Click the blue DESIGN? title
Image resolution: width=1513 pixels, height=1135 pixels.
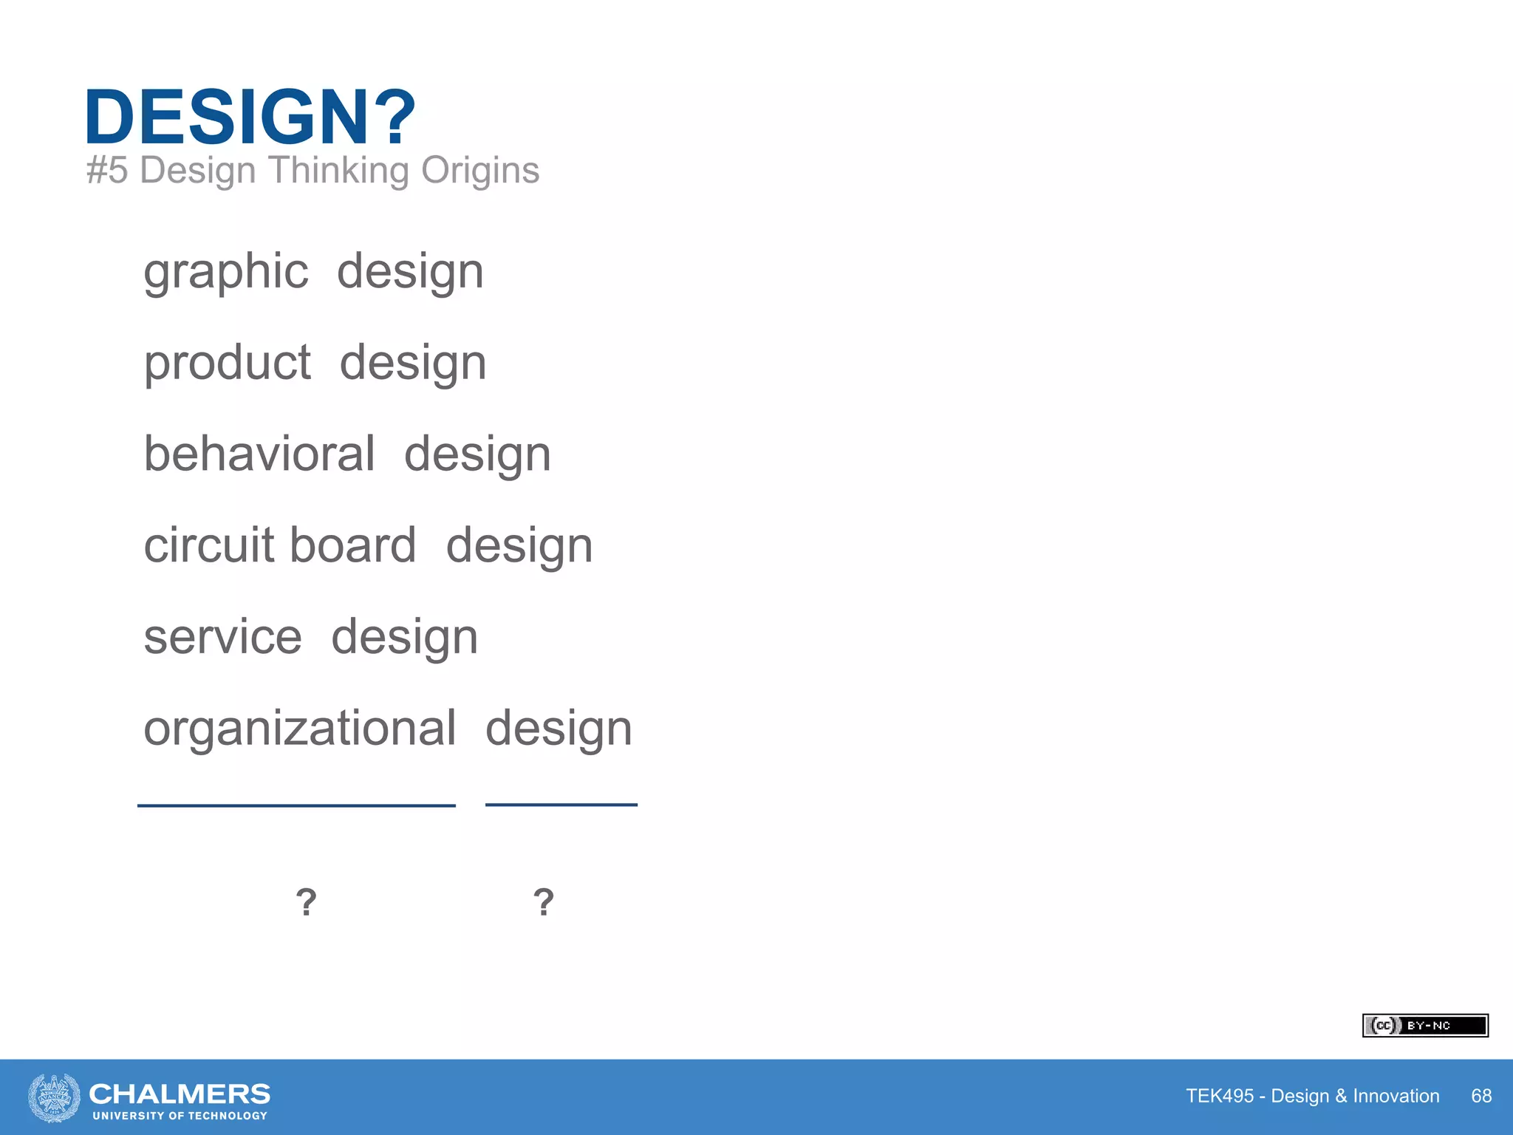click(250, 117)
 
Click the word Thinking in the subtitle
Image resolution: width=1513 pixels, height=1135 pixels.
click(338, 170)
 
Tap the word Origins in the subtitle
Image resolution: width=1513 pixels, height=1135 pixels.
click(480, 170)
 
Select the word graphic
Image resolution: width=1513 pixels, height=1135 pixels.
click(226, 272)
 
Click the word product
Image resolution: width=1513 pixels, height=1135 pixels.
click(228, 363)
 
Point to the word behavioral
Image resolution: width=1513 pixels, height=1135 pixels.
click(259, 454)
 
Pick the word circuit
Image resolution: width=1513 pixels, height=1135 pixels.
click(209, 545)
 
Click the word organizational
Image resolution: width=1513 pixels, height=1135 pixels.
click(300, 728)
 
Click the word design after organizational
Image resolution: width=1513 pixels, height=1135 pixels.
click(559, 729)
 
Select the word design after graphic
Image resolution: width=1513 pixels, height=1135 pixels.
click(410, 272)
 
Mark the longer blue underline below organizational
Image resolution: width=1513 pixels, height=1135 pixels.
click(296, 805)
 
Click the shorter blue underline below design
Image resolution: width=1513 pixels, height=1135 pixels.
click(561, 805)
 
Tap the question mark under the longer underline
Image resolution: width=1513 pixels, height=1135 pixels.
click(306, 902)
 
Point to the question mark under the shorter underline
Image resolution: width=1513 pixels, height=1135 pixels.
click(544, 902)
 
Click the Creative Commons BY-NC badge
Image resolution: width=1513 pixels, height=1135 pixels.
click(1425, 1026)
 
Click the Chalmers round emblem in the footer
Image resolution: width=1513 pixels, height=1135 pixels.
click(54, 1097)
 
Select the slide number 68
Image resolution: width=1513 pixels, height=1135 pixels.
click(1481, 1096)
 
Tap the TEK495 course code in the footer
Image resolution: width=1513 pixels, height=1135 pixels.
click(1220, 1096)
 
